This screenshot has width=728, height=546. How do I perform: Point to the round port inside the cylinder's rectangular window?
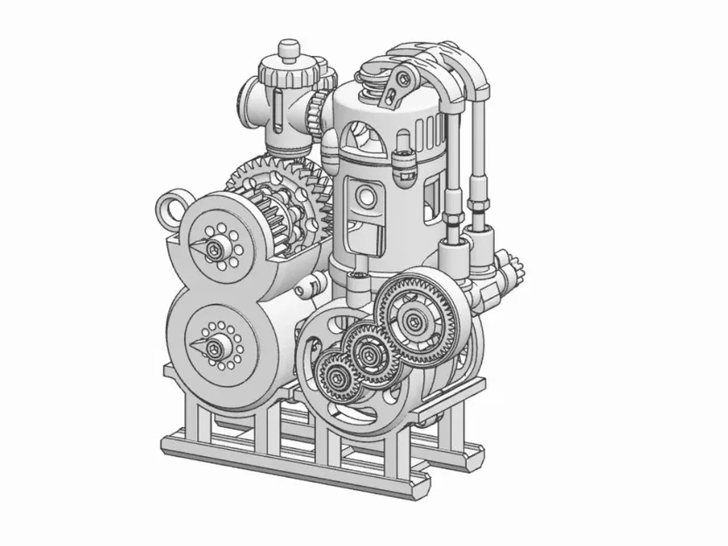click(366, 202)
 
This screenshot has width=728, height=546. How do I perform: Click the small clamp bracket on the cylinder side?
click(403, 161)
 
